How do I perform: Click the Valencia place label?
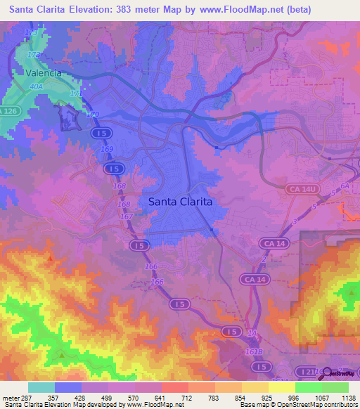tap(44, 72)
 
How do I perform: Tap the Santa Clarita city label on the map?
tap(180, 202)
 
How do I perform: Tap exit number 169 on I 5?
tap(107, 150)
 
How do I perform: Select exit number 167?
tap(127, 216)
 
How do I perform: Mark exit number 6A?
tap(345, 186)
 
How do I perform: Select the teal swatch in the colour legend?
tap(41, 387)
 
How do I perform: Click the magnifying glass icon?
tap(328, 374)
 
